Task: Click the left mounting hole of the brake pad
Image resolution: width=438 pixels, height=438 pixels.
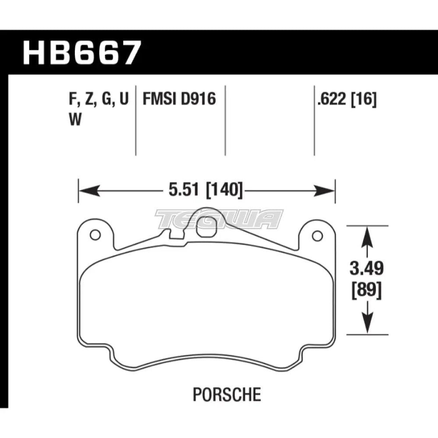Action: click(x=93, y=235)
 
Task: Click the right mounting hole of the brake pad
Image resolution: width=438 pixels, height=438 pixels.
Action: click(x=316, y=235)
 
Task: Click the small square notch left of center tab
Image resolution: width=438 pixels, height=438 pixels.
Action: click(x=177, y=235)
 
